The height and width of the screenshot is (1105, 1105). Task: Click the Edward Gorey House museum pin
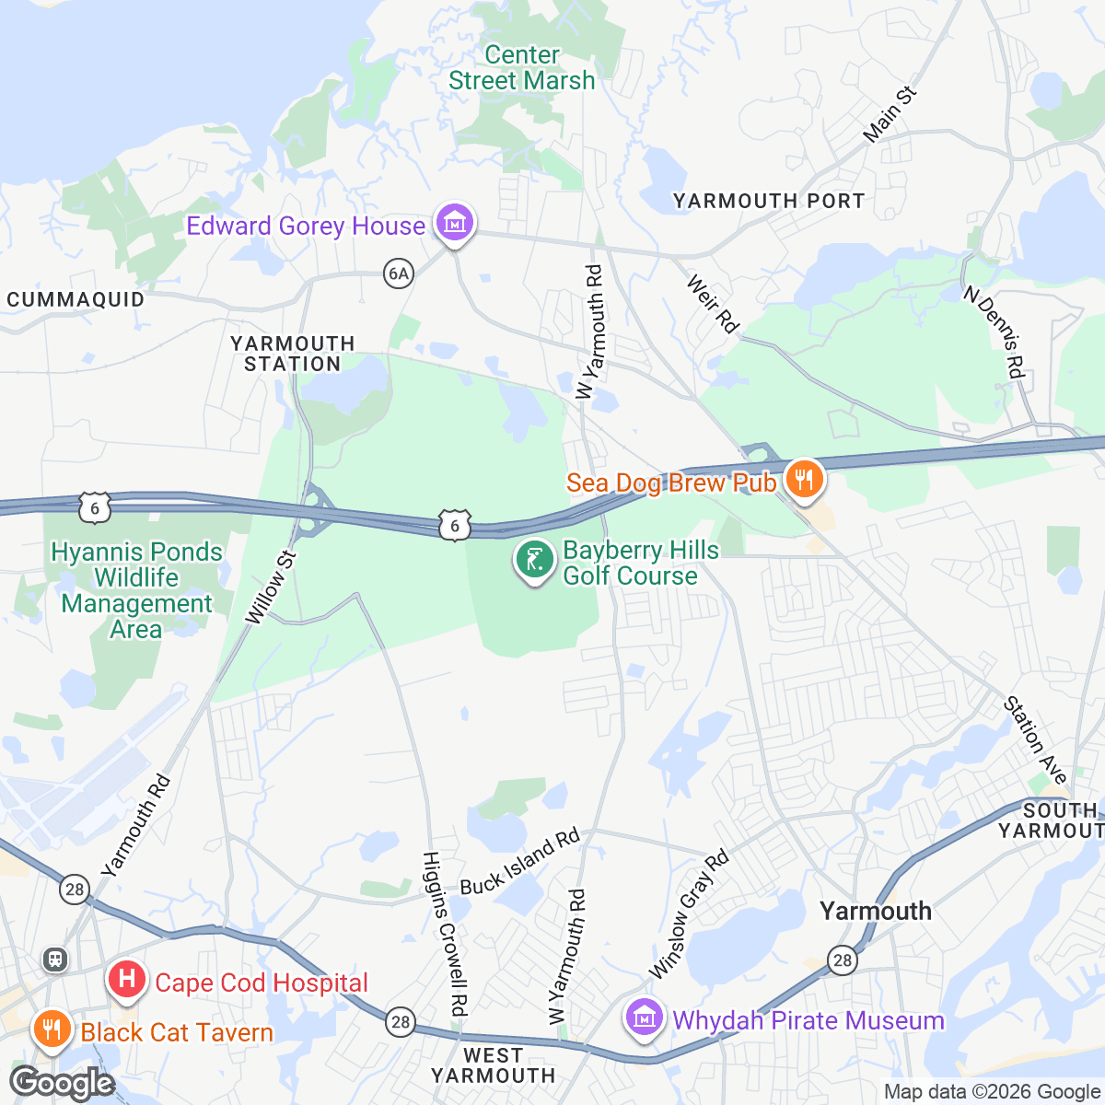tap(454, 223)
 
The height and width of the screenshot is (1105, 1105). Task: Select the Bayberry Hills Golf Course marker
tap(534, 560)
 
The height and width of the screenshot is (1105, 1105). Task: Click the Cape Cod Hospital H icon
tap(127, 979)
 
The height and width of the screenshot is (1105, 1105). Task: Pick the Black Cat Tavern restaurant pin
tap(52, 1029)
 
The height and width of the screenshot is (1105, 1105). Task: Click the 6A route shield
tap(398, 273)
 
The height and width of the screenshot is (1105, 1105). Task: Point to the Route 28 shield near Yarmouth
tap(842, 960)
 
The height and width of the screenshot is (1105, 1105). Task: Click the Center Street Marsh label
tap(522, 68)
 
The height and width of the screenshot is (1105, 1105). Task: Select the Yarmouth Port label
tap(769, 201)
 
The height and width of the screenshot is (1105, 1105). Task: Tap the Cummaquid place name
tap(76, 299)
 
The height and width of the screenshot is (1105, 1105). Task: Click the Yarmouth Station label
tap(293, 354)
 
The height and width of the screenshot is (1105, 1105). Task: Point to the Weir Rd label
tap(713, 303)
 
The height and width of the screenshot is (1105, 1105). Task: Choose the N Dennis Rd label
tap(994, 331)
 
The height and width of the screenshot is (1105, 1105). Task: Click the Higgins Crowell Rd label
tap(446, 932)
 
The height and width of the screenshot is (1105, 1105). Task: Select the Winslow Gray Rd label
tap(689, 914)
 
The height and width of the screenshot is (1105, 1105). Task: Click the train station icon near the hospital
tap(55, 960)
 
